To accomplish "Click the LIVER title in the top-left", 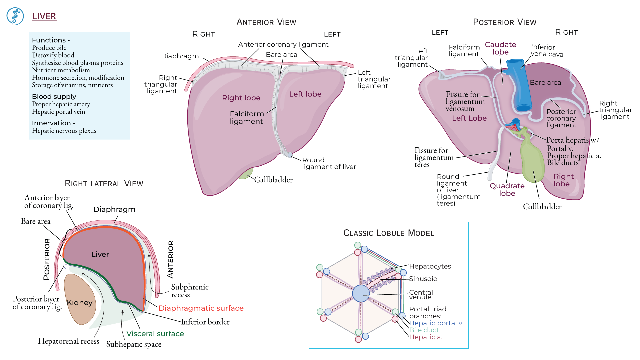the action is [x=44, y=16].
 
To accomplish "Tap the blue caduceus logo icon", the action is [x=15, y=16].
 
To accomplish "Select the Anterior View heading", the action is [x=266, y=22].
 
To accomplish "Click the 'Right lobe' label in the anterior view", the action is [x=241, y=98].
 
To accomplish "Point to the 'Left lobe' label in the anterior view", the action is [x=305, y=94].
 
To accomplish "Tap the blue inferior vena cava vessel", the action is [x=518, y=85].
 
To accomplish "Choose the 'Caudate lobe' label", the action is [x=500, y=48].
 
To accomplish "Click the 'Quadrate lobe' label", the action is [x=507, y=189].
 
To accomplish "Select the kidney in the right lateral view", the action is [x=80, y=299].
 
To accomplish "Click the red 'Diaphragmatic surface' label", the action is [x=201, y=308].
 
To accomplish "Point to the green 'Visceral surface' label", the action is [x=155, y=333].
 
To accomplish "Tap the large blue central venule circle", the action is [x=361, y=293].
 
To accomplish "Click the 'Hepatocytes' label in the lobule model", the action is [x=430, y=266].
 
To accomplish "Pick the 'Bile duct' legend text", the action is [x=424, y=330].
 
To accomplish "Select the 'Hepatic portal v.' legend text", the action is [x=436, y=323].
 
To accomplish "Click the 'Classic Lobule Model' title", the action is [x=389, y=233].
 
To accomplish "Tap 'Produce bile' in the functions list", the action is [x=49, y=48].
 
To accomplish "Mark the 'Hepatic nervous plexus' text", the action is [x=64, y=131].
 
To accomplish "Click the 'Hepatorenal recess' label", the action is [x=69, y=341].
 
